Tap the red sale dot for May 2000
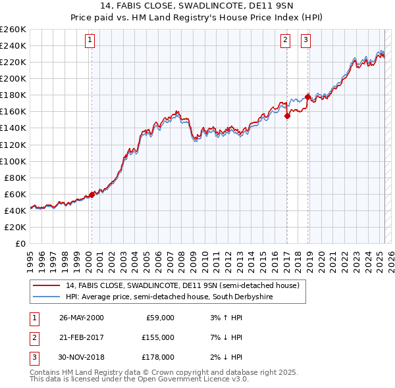[x=92, y=194]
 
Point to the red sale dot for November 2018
[x=307, y=97]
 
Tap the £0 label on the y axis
[x=20, y=243]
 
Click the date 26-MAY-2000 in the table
[x=81, y=318]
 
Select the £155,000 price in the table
[x=157, y=337]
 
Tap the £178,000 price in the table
[x=157, y=357]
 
